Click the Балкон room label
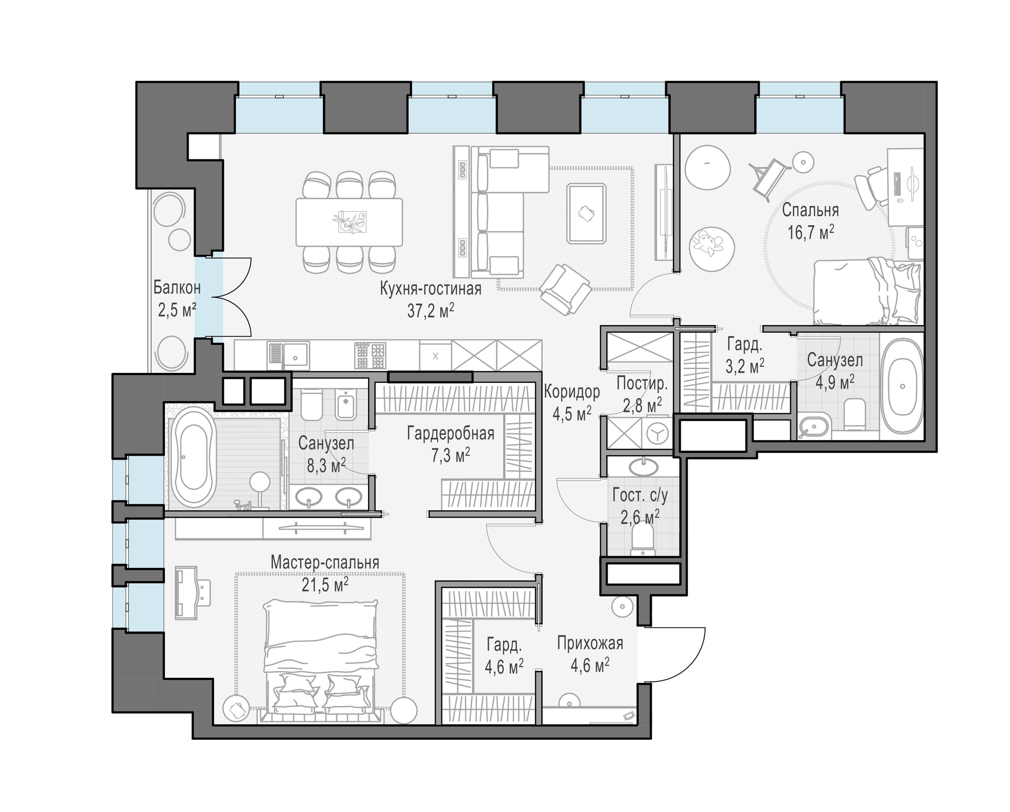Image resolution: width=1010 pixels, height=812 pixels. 177,288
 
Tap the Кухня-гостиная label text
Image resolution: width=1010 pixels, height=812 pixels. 431,289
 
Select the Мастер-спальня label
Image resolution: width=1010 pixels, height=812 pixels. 325,562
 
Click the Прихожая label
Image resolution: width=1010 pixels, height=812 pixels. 590,644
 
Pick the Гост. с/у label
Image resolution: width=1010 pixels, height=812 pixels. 640,495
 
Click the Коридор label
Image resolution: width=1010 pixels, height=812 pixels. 572,392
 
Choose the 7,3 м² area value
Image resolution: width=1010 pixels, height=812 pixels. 450,455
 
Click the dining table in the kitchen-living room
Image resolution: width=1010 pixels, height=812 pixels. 349,222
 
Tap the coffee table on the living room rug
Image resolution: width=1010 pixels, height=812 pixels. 586,213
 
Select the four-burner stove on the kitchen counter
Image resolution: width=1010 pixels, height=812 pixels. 370,356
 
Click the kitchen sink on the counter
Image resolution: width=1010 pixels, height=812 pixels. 288,356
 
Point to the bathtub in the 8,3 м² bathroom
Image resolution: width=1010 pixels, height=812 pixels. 193,457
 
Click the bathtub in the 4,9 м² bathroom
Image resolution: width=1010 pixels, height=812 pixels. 902,387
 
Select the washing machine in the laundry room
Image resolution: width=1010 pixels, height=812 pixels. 658,433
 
